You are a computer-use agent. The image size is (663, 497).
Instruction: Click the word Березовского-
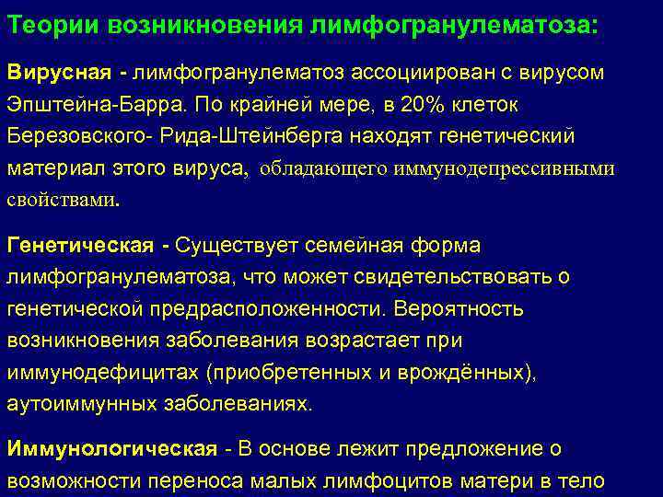[74, 136]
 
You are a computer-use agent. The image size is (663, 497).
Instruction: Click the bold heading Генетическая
[80, 246]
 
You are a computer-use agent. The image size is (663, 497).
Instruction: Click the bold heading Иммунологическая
[111, 449]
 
